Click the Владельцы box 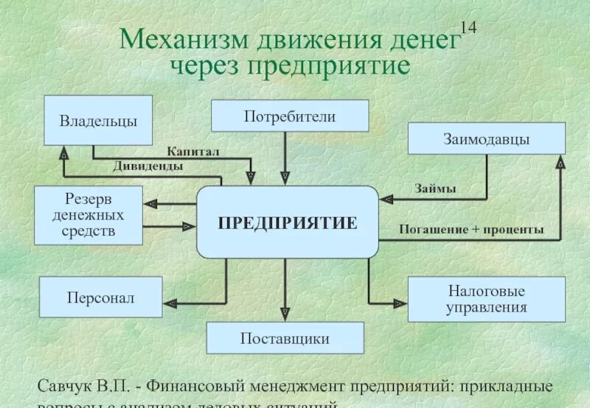pyautogui.click(x=98, y=120)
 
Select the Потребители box pyautogui.click(x=290, y=116)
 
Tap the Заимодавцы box pyautogui.click(x=486, y=138)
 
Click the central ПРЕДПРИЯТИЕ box pyautogui.click(x=287, y=222)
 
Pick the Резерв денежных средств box pyautogui.click(x=88, y=215)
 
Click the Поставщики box pyautogui.click(x=285, y=338)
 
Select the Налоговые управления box pyautogui.click(x=486, y=299)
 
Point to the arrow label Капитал pyautogui.click(x=193, y=151)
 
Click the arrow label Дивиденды pyautogui.click(x=148, y=166)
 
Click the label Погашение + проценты pyautogui.click(x=471, y=230)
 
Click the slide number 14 pyautogui.click(x=468, y=28)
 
